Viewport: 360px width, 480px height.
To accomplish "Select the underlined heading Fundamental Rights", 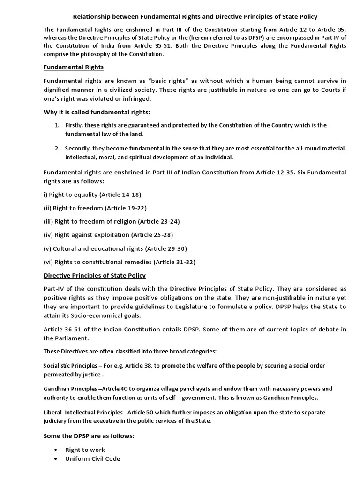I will (73, 67).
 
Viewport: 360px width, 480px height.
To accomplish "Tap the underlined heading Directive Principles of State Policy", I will (95, 275).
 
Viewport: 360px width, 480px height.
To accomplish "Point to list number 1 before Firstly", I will (56, 125).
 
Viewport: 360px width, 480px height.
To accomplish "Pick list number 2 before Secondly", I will (56, 148).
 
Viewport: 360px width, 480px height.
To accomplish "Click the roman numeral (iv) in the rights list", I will (49, 234).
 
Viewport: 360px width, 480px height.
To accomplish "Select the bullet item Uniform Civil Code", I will (92, 459).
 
